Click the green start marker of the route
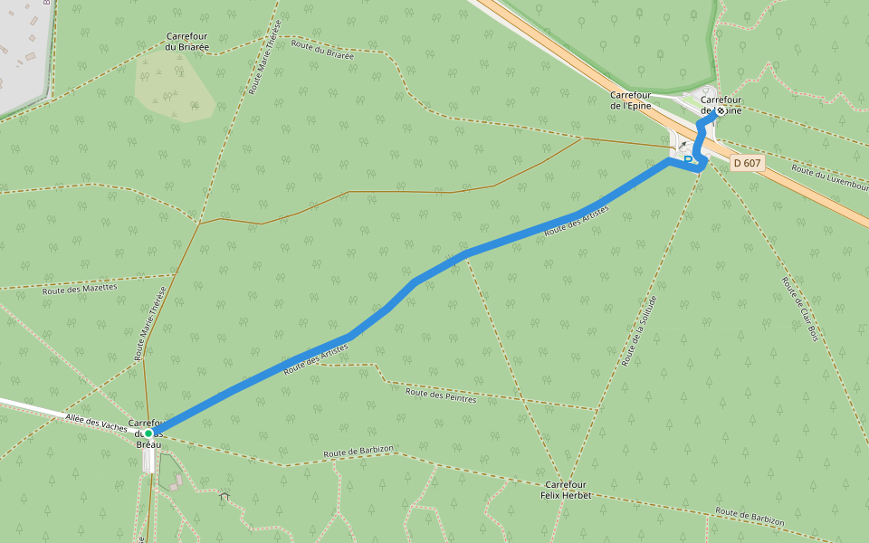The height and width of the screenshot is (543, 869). [148, 433]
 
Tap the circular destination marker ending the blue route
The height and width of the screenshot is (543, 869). [720, 111]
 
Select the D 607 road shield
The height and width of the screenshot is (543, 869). [748, 163]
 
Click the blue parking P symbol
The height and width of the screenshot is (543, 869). [689, 160]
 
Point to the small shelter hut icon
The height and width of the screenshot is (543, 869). [224, 495]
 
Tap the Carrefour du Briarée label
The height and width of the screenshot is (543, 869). [186, 42]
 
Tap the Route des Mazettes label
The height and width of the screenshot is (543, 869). [80, 288]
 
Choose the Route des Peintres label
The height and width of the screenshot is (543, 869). [441, 395]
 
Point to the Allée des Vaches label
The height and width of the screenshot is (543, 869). [96, 421]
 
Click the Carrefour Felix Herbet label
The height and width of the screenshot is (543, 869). [566, 490]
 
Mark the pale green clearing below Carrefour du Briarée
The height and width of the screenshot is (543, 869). [174, 86]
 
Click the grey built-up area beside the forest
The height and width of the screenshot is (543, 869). [20, 54]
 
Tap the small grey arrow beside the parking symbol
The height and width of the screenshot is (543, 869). [682, 145]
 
